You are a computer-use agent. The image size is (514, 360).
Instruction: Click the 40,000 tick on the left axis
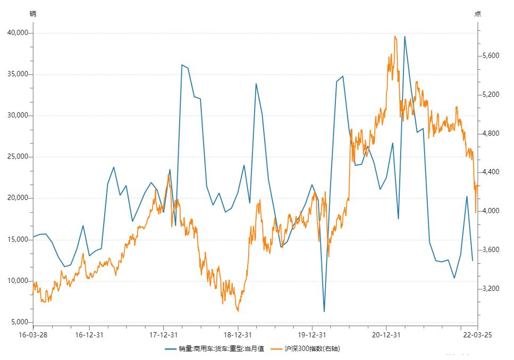pos(18,33)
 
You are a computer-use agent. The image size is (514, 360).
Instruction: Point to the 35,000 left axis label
pos(18,74)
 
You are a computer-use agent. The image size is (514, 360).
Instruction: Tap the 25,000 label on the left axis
pos(18,157)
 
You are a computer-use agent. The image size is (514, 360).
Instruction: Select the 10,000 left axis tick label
pos(18,281)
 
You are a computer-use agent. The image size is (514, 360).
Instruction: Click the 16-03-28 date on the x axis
pos(32,335)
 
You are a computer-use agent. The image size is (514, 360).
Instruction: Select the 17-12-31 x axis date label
pos(163,335)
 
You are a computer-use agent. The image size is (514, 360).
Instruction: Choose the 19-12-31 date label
pos(311,335)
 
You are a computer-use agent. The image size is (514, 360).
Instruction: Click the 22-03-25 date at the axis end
pos(477,335)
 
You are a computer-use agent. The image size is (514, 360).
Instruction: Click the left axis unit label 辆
pos(32,14)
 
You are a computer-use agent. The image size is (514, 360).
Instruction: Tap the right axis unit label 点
pos(478,14)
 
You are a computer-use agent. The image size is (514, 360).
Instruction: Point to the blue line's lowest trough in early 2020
pos(324,311)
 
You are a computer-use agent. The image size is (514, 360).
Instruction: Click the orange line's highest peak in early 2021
pos(394,36)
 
